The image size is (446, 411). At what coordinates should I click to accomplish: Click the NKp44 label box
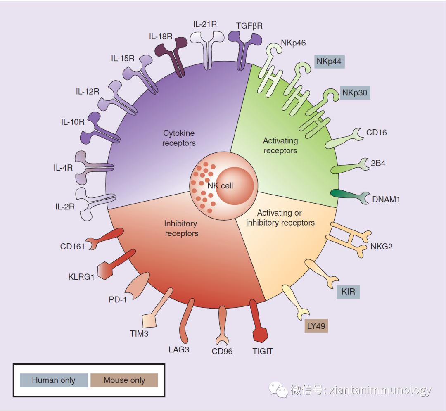click(329, 62)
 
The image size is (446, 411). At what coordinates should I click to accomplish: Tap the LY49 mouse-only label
click(316, 326)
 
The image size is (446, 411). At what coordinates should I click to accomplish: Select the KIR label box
click(348, 292)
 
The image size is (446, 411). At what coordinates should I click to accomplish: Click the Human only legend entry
click(54, 380)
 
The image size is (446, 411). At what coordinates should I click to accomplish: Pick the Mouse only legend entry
click(124, 380)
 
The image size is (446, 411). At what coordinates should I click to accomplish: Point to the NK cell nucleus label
click(221, 186)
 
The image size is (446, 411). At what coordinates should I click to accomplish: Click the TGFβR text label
click(249, 26)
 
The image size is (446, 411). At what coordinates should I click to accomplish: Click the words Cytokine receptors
click(179, 138)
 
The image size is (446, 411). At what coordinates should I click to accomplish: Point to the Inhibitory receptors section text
click(181, 228)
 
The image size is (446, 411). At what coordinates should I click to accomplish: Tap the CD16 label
click(377, 133)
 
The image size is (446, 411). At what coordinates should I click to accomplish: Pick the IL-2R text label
click(65, 207)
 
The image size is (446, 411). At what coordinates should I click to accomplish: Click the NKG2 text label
click(381, 247)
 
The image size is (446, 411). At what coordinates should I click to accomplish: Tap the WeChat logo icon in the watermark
click(279, 390)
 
